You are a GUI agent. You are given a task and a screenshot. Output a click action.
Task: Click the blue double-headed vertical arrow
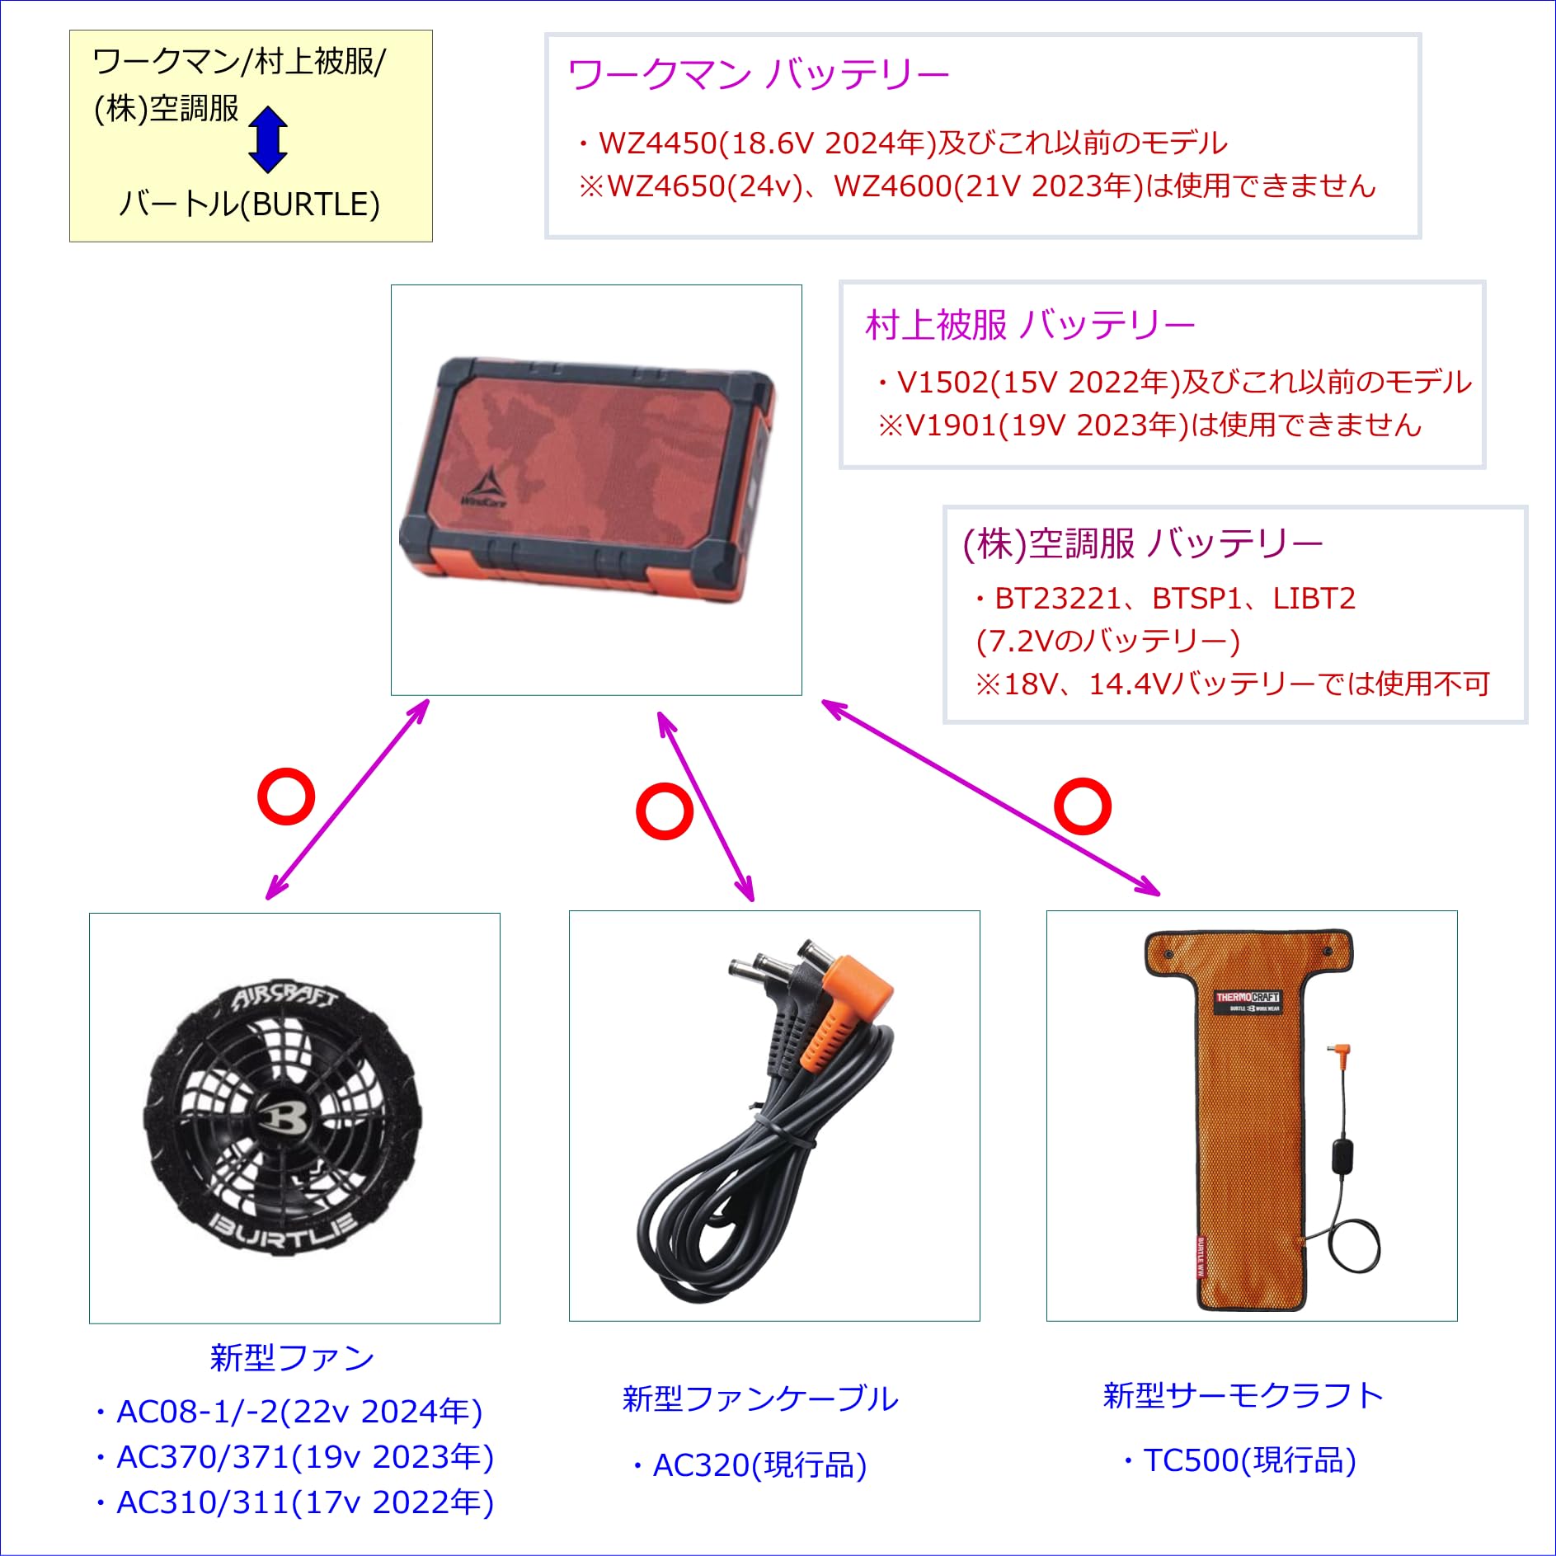tap(268, 139)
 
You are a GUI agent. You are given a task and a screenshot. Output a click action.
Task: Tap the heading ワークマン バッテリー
tap(759, 75)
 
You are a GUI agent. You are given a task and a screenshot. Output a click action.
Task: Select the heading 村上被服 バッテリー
tap(1030, 325)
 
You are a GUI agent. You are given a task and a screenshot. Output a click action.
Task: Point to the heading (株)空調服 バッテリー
tap(1142, 543)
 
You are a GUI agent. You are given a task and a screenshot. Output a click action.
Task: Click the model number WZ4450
tap(658, 143)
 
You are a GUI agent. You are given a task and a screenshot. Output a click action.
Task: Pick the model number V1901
tap(951, 425)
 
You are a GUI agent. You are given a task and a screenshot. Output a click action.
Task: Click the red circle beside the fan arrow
tap(286, 797)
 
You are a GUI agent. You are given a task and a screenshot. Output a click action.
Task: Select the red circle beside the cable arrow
tap(664, 811)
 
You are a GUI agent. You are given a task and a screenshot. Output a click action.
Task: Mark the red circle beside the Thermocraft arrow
tap(1083, 806)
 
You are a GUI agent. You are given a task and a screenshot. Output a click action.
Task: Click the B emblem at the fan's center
tap(284, 1117)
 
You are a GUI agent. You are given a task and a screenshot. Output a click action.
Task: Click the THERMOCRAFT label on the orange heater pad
tap(1248, 998)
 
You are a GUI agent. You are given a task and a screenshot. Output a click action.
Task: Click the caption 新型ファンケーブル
tap(759, 1399)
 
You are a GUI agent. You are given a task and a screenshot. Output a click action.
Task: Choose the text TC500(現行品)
tap(1248, 1460)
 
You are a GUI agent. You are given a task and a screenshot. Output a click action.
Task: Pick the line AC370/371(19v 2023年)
tap(304, 1458)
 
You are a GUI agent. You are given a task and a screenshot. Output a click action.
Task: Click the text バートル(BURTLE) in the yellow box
tap(250, 204)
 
